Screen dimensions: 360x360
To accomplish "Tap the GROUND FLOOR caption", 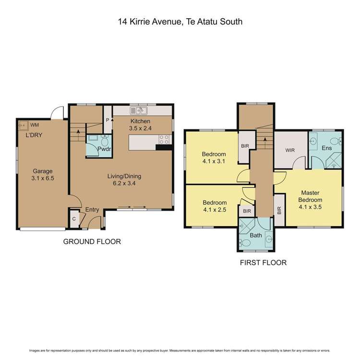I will pyautogui.click(x=92, y=241).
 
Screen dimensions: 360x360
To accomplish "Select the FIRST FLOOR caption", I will pyautogui.click(x=263, y=263).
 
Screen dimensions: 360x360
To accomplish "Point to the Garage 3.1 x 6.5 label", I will pyautogui.click(x=42, y=175).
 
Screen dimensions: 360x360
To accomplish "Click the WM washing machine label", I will pyautogui.click(x=35, y=125).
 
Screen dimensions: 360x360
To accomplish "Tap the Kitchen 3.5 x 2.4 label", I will pyautogui.click(x=140, y=125).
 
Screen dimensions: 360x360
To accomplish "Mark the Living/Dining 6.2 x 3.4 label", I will pyautogui.click(x=124, y=180).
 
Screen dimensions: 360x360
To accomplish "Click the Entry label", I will pyautogui.click(x=92, y=210).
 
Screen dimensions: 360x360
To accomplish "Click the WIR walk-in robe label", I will pyautogui.click(x=289, y=150).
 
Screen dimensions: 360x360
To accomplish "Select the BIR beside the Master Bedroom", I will pyautogui.click(x=279, y=210).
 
